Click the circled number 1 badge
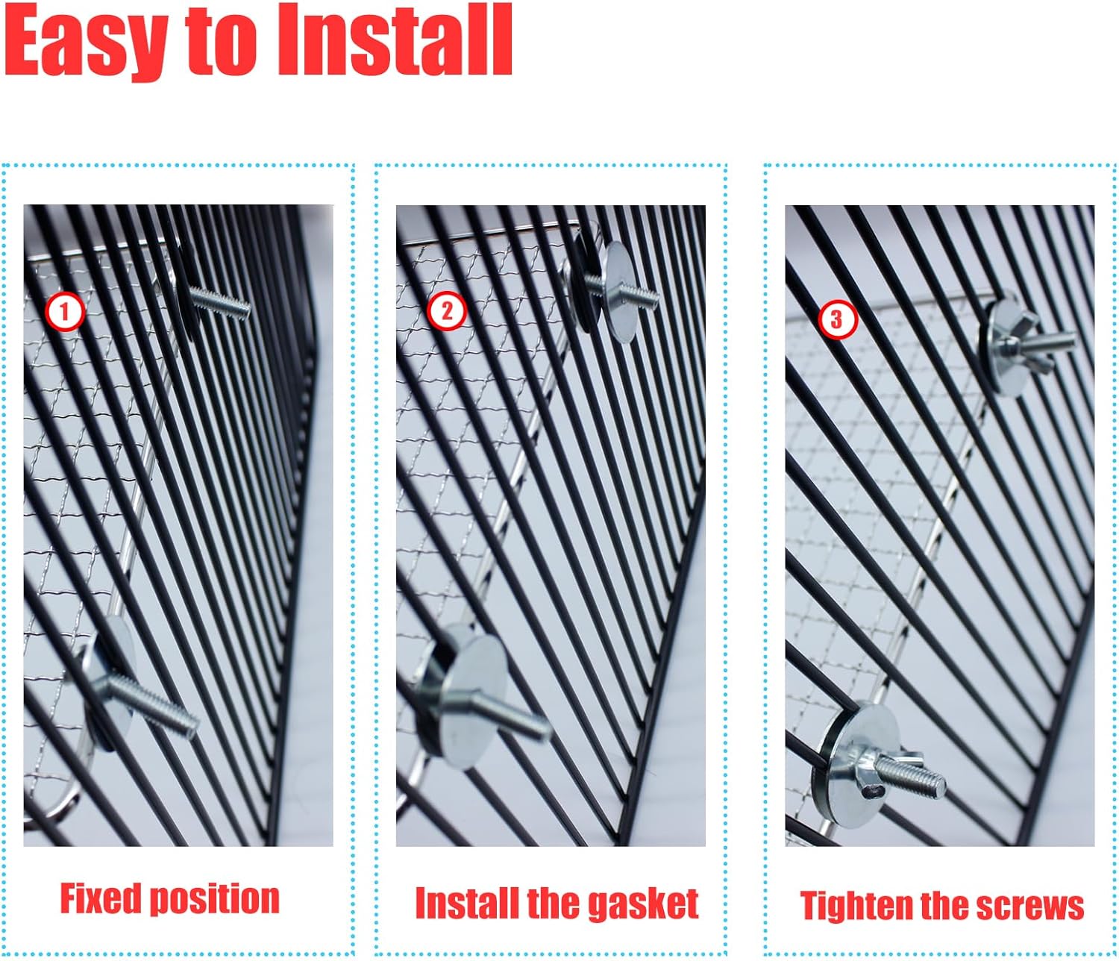[x=64, y=312]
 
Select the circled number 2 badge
[x=447, y=311]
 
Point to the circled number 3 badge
[x=837, y=319]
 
